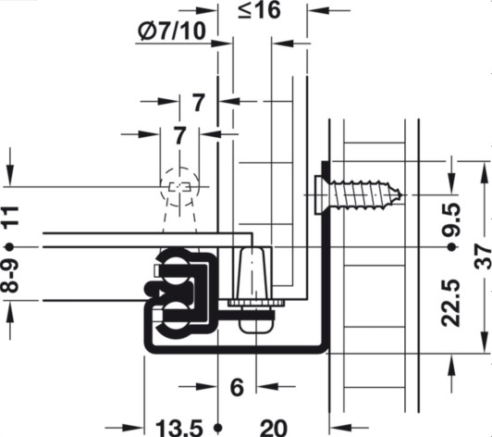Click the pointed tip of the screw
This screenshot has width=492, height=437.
[x=400, y=196]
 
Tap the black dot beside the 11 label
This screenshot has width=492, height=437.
[x=10, y=248]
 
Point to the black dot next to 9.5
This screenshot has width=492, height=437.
[x=451, y=248]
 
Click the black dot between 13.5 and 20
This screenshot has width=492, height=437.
[x=216, y=426]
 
